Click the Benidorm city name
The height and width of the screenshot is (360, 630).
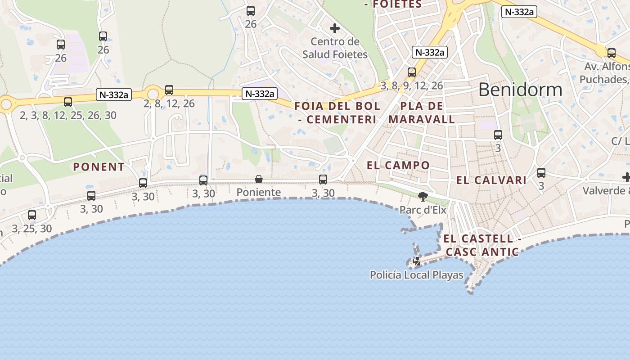point(520,90)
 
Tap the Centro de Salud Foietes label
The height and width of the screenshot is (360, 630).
point(335,48)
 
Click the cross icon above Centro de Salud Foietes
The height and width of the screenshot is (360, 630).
point(335,28)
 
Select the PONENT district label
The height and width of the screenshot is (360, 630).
point(99,167)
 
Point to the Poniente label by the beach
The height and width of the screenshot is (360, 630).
point(259,193)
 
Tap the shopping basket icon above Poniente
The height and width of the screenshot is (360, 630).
point(259,180)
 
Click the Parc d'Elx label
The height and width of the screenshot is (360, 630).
point(423,210)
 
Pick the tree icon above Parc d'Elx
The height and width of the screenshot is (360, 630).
point(423,196)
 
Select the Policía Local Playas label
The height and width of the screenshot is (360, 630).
point(417,274)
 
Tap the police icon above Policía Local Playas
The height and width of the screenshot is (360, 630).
point(417,261)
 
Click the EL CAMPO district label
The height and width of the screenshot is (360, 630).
point(398,165)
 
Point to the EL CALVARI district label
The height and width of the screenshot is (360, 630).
point(491,180)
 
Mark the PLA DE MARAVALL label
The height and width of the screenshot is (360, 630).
point(422,113)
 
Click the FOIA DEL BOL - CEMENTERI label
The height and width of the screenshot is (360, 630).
point(337,113)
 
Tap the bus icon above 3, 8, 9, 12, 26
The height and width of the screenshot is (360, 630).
point(412,72)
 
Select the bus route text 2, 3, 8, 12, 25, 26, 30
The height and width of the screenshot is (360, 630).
point(68,116)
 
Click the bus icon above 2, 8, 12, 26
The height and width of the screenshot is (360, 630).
point(169,90)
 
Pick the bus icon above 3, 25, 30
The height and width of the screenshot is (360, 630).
point(32,215)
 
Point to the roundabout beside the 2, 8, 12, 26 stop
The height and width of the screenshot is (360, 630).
point(153,94)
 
